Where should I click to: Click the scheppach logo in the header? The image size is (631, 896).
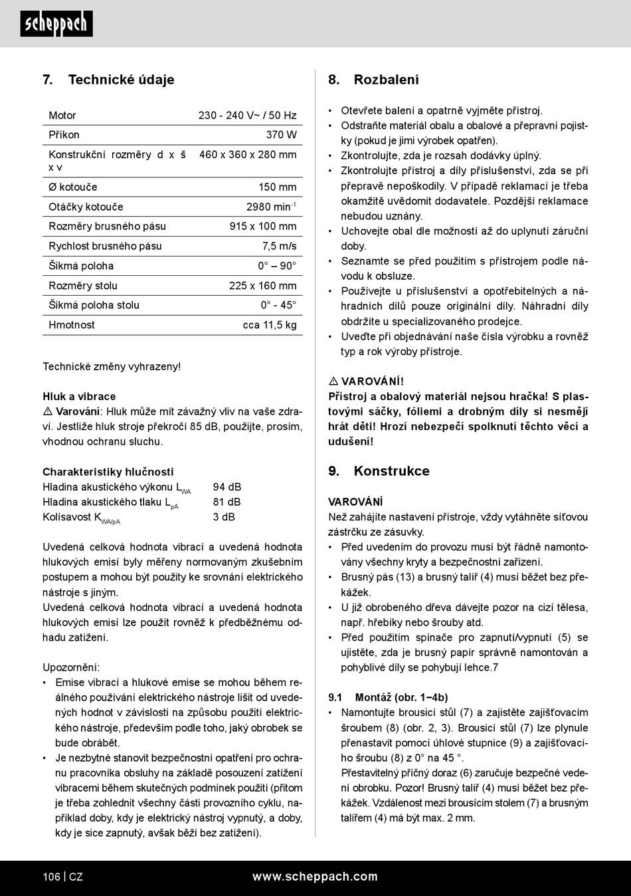point(56,24)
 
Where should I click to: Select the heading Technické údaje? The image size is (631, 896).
point(121,80)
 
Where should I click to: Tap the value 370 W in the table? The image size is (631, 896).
point(281,135)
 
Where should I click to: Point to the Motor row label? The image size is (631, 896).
point(62,116)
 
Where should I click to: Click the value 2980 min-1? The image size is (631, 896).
point(271,207)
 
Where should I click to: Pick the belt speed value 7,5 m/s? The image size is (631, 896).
point(279,246)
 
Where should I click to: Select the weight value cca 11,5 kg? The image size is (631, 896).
point(270,325)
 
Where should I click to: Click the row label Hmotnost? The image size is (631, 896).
point(72,325)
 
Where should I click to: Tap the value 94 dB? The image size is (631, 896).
point(227,487)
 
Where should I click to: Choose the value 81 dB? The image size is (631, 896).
point(227,503)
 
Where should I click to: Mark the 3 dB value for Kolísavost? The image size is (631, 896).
point(224,517)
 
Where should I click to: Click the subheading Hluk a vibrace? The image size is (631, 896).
point(79,397)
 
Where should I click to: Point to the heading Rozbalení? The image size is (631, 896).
point(386,80)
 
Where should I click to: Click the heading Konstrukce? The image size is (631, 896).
point(391,471)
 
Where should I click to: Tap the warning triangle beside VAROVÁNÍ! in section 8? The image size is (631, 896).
point(333,382)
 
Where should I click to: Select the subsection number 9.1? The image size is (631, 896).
point(335,698)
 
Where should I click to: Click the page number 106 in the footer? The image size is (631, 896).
point(51,877)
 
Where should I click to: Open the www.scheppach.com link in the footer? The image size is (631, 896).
point(315,877)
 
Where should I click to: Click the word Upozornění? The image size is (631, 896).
point(71,667)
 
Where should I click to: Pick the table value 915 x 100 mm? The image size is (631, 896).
point(263,227)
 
